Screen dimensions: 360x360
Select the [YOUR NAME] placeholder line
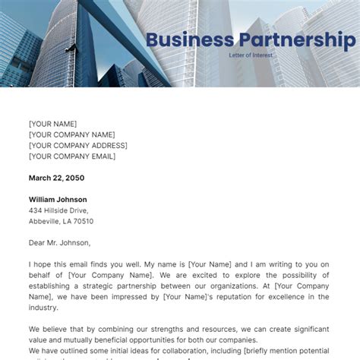click(x=53, y=124)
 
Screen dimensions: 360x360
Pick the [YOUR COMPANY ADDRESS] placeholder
click(x=78, y=145)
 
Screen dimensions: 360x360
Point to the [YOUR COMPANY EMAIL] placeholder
click(x=72, y=156)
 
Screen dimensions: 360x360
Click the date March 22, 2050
click(x=56, y=178)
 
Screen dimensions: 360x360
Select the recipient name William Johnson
click(x=58, y=200)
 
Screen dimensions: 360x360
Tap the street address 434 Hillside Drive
click(x=58, y=210)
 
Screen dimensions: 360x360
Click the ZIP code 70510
click(x=83, y=221)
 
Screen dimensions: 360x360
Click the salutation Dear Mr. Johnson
click(x=60, y=243)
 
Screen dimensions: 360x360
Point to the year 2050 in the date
click(x=74, y=178)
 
